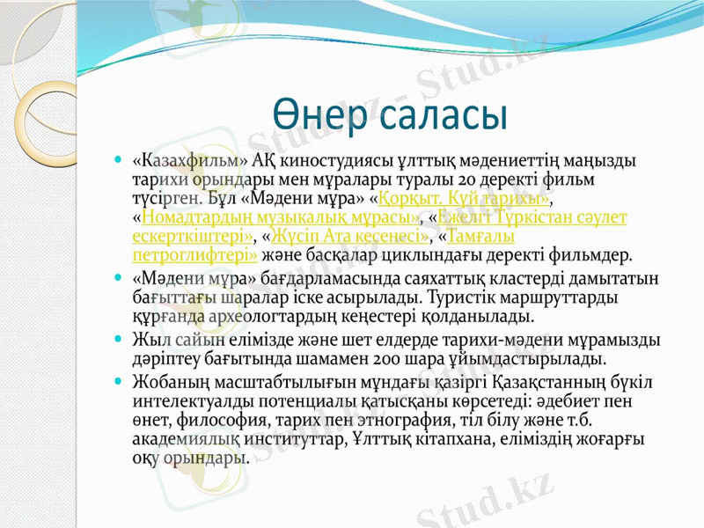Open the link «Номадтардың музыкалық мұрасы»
(x=275, y=216)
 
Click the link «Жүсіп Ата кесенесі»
(x=349, y=237)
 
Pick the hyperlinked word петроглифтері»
(x=194, y=256)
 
